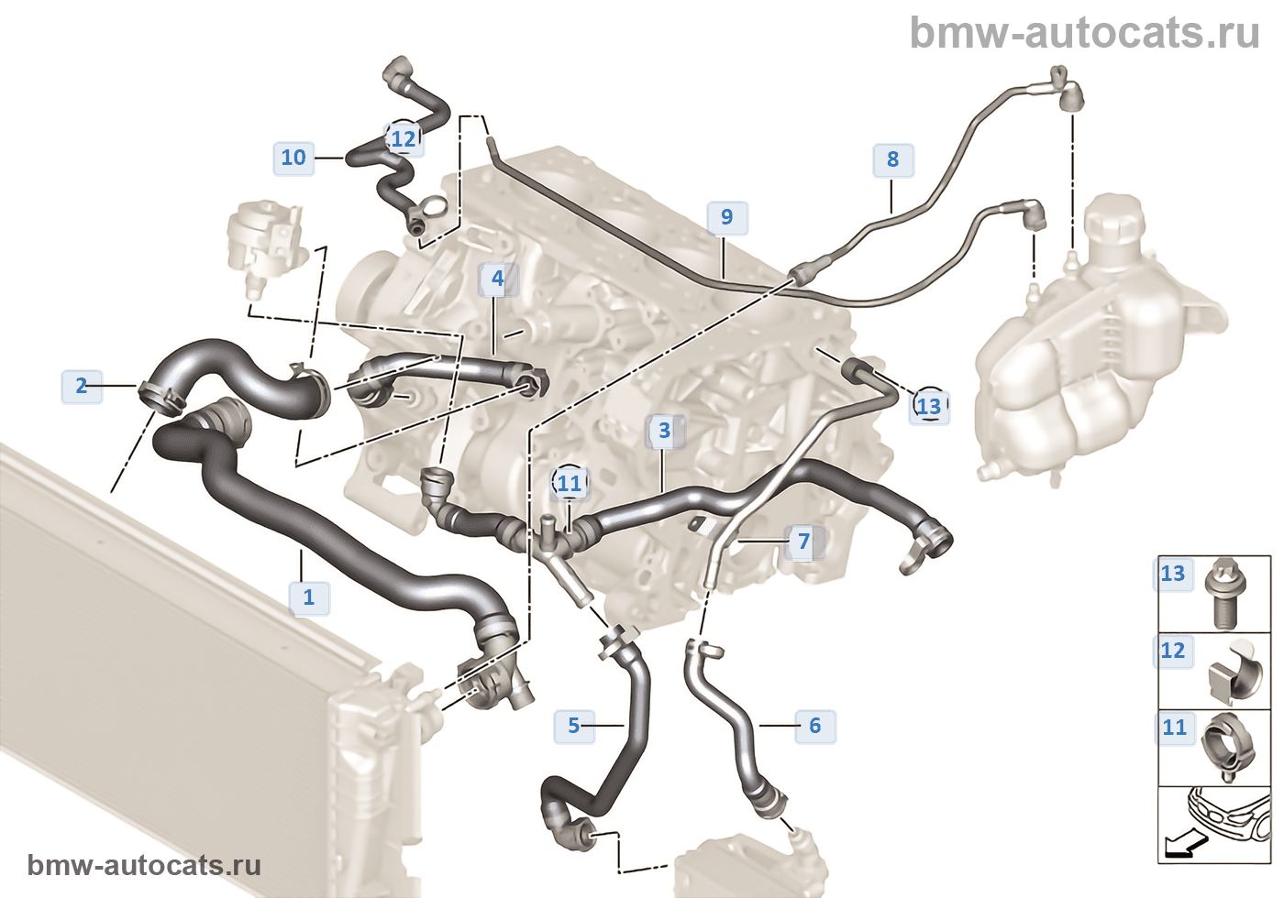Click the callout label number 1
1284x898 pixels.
[x=308, y=597]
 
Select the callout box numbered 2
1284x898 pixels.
[x=82, y=386]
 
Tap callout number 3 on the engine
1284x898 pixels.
[x=665, y=431]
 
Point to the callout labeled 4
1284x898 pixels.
[x=498, y=279]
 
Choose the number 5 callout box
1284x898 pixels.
[x=574, y=726]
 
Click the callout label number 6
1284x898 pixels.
[x=815, y=726]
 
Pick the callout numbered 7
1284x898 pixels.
[x=804, y=542]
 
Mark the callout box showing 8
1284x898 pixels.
[x=892, y=159]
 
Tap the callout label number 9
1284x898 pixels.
[x=726, y=217]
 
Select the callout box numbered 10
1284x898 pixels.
[x=293, y=158]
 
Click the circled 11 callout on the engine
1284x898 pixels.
[x=570, y=483]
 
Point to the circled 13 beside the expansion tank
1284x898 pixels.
[x=929, y=406]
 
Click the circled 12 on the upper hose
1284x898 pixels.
[x=404, y=138]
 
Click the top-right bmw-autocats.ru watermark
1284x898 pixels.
[x=1084, y=33]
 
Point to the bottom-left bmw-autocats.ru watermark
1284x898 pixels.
[x=144, y=865]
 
